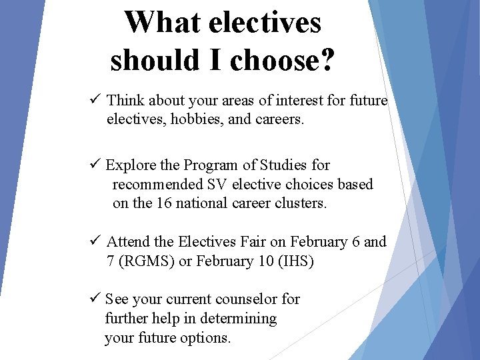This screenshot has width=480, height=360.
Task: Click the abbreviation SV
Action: (215, 184)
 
